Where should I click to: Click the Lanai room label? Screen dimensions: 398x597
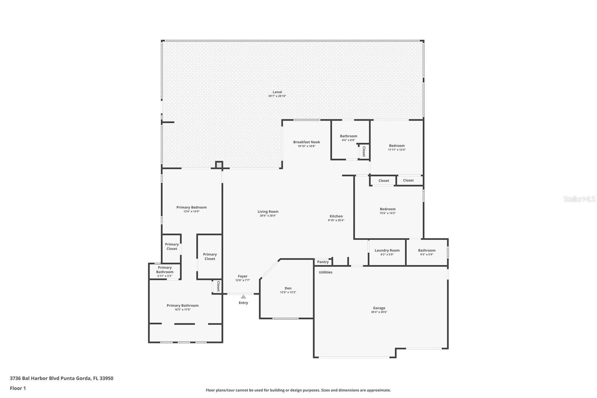click(277, 92)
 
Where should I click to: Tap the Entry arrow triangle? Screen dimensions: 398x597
click(243, 297)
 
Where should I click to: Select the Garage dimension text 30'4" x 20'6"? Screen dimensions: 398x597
click(379, 312)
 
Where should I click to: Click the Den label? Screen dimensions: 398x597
click(288, 288)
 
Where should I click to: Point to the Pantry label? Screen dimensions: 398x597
click(323, 262)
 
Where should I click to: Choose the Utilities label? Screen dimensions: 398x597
click(325, 272)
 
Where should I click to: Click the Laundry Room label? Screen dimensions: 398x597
click(387, 251)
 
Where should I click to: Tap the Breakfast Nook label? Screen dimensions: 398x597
click(306, 142)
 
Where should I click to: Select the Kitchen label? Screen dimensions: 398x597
click(336, 216)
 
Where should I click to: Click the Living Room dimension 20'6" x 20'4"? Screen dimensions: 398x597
click(268, 216)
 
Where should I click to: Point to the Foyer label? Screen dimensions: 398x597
click(243, 276)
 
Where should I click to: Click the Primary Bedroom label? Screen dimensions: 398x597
click(191, 207)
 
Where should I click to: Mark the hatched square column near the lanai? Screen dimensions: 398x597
click(219, 165)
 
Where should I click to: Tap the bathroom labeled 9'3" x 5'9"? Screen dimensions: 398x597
click(426, 252)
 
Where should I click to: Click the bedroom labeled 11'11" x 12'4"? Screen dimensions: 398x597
click(397, 147)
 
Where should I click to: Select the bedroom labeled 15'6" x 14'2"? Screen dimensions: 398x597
click(388, 211)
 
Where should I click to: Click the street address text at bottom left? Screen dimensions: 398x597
click(62, 378)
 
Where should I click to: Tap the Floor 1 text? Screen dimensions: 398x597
click(18, 388)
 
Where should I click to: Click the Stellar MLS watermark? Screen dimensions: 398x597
click(579, 199)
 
